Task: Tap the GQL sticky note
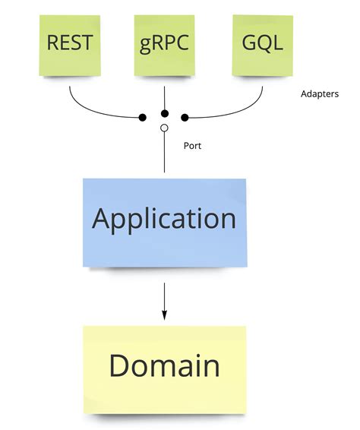[x=261, y=43]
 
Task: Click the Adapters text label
[x=319, y=96]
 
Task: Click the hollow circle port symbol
[x=164, y=128]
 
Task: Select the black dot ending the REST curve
[x=142, y=118]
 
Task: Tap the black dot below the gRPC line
[x=164, y=113]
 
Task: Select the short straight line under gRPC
[x=165, y=95]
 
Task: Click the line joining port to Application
[x=164, y=156]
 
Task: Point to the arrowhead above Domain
[x=164, y=315]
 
